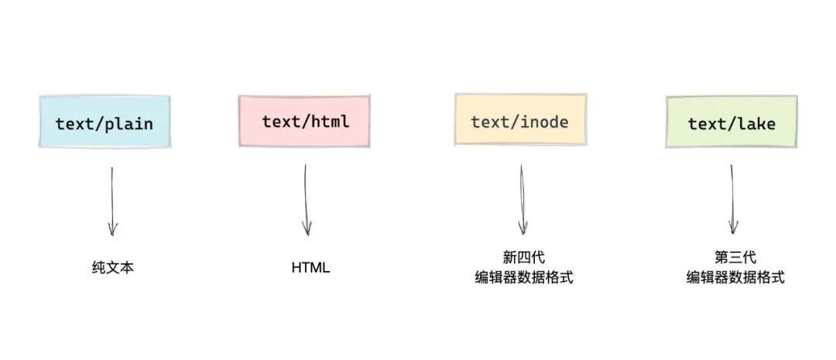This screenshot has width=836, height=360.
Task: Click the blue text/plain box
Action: (x=104, y=122)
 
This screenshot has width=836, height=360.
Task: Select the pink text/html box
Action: (x=305, y=122)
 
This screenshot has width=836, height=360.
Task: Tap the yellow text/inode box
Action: (x=519, y=122)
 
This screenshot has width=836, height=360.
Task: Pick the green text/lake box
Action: (x=731, y=122)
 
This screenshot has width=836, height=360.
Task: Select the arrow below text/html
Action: (x=307, y=200)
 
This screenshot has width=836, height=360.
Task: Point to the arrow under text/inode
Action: (x=523, y=200)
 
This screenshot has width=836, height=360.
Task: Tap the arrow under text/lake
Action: (x=732, y=200)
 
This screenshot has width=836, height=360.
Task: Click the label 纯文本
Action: (x=112, y=269)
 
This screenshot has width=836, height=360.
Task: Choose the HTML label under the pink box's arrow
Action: (x=310, y=269)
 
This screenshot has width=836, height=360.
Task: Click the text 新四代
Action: (x=524, y=258)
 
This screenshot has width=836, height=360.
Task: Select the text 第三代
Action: (x=735, y=258)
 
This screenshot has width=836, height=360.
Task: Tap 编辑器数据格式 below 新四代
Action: (x=524, y=277)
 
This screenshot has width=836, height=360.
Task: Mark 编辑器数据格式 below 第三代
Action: (x=735, y=277)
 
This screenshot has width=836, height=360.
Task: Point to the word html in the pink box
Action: (x=330, y=122)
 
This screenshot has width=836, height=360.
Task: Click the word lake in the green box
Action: (x=756, y=123)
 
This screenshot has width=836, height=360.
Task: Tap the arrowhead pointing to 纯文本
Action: (x=113, y=229)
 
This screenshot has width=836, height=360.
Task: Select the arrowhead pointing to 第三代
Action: (x=733, y=228)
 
